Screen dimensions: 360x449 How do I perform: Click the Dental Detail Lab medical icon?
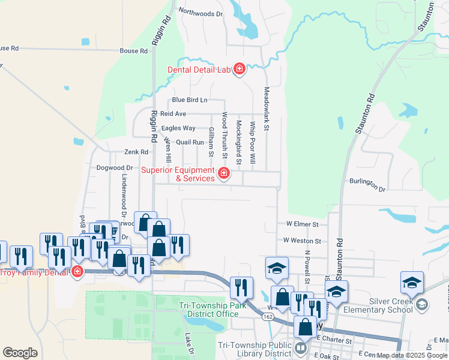(x=240, y=70)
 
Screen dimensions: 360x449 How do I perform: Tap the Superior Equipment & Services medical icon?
(x=224, y=174)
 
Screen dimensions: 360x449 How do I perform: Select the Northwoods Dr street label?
(x=200, y=12)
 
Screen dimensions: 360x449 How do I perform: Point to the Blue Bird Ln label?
(x=189, y=100)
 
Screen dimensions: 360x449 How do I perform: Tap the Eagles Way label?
(x=178, y=128)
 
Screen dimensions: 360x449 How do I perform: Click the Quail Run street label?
(x=190, y=142)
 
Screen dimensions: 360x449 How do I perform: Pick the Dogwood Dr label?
(x=114, y=168)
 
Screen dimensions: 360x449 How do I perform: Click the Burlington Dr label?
(x=367, y=184)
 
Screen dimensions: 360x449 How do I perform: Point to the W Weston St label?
(x=303, y=241)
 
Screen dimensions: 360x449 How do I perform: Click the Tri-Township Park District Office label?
(x=209, y=310)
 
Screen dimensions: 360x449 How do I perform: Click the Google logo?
(x=20, y=352)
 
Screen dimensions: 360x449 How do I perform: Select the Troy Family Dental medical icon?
(x=77, y=272)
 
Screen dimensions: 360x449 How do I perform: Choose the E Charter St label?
(x=334, y=340)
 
